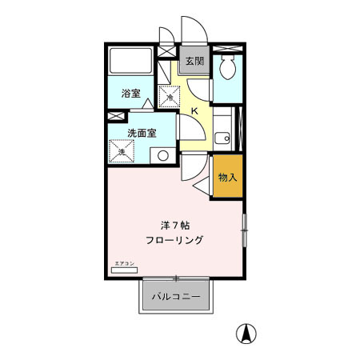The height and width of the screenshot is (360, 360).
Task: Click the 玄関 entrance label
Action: click(x=194, y=60)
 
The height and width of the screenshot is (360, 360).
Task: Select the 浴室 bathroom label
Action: click(x=130, y=94)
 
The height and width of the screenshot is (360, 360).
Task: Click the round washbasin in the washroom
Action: click(x=163, y=155)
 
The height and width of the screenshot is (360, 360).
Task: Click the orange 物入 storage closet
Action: click(x=227, y=175)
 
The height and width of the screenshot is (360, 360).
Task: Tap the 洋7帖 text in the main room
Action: click(x=174, y=226)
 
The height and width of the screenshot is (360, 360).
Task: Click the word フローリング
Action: click(x=174, y=240)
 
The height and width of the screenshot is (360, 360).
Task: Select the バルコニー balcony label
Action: click(x=177, y=297)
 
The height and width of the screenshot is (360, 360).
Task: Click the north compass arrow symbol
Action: click(x=249, y=334)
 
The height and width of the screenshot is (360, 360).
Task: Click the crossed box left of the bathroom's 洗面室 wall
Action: click(x=111, y=117)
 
